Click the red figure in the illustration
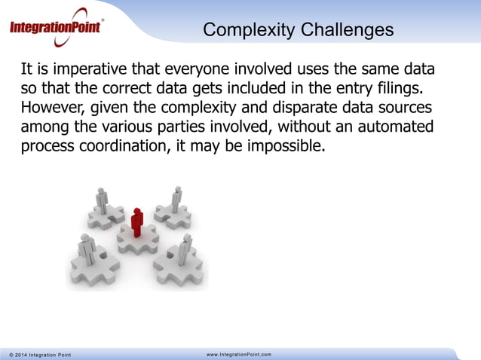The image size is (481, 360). [136, 221]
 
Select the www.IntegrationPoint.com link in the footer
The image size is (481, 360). [238, 354]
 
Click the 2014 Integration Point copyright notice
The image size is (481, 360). [40, 354]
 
